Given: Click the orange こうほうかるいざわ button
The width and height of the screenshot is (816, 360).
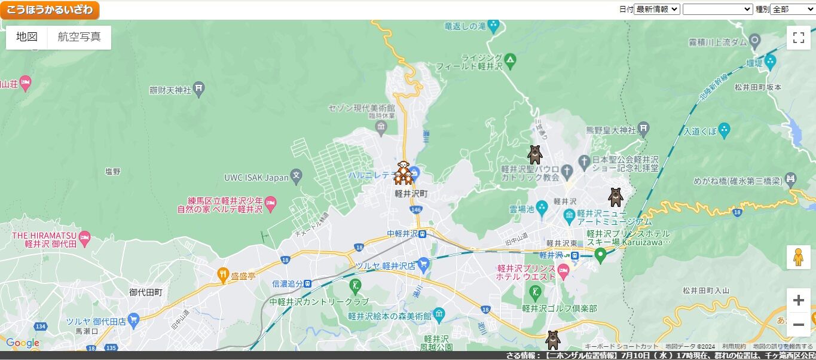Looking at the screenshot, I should coord(50,10).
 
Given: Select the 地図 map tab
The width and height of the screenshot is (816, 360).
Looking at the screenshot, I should coord(27,37).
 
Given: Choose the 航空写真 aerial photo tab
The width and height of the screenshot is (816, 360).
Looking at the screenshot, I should coord(79,37).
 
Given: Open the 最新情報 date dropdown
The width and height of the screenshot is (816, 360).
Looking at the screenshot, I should coord(656,9).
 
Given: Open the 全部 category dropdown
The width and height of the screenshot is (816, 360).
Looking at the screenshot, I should coord(792,9).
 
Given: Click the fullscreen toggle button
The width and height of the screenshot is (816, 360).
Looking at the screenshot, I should coord(798,38).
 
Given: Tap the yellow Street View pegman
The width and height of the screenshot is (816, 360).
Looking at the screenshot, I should coord(798,257).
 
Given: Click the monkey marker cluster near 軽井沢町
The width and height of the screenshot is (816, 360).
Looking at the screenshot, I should coord(404,173).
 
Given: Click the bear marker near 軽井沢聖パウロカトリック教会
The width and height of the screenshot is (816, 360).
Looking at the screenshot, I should coord(534,154).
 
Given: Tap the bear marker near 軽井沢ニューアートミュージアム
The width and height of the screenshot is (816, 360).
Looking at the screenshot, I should coord(615,197).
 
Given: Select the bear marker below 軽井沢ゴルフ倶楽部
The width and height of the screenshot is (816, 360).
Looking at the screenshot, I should coord(552,340).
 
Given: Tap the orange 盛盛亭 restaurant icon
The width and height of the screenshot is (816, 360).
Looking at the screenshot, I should coord(224,275).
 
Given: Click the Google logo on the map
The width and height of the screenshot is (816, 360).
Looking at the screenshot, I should coord(22,343).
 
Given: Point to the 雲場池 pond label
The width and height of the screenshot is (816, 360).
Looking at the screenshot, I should coord(520,209).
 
